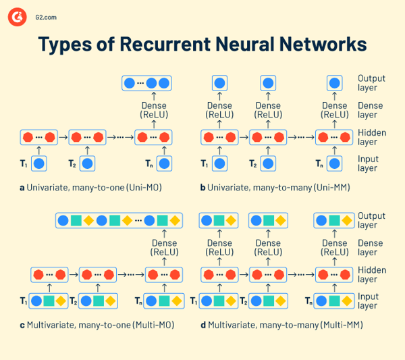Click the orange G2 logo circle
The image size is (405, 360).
17,18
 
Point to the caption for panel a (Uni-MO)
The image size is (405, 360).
94,186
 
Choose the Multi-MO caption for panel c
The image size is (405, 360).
97,325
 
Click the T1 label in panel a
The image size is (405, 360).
24,163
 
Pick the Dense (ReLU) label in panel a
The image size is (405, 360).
153,110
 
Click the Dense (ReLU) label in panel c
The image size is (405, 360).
164,248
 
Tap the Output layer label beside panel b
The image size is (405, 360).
371,83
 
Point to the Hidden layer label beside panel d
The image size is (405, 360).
371,274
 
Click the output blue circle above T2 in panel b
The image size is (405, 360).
269,84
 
